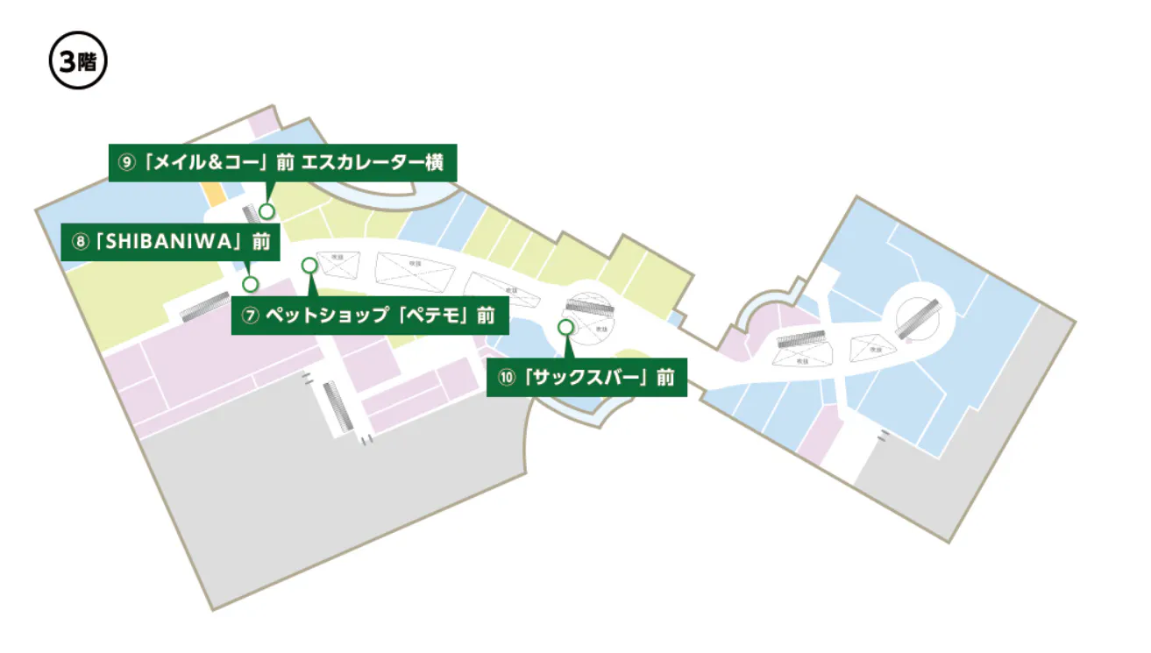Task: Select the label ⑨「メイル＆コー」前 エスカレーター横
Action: tap(282, 162)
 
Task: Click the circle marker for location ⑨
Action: tap(266, 210)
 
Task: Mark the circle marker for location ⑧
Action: tap(251, 284)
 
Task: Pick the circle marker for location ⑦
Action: tap(309, 265)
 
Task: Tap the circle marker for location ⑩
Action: tap(565, 326)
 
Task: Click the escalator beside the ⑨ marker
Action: tap(250, 213)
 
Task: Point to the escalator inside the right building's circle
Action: tap(917, 319)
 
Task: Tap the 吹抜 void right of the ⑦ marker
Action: tap(334, 260)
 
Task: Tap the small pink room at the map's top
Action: tap(264, 123)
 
